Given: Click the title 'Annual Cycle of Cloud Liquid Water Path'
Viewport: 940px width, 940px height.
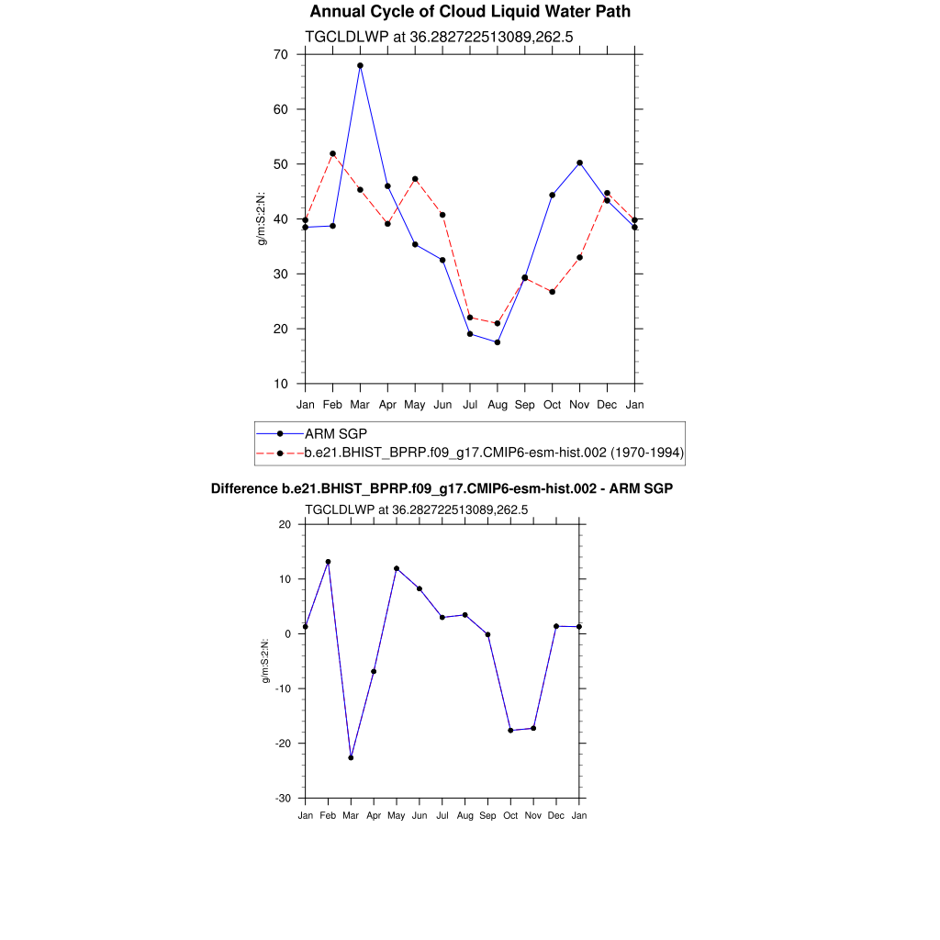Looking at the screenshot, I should pyautogui.click(x=470, y=12).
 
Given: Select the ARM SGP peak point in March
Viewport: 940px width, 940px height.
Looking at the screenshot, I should pyautogui.click(x=360, y=65).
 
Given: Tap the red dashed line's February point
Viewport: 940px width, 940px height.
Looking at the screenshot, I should pyautogui.click(x=332, y=153).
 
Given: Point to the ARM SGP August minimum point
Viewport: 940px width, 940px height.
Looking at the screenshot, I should pyautogui.click(x=498, y=342).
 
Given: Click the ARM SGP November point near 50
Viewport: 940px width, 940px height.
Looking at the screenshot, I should pyautogui.click(x=579, y=162).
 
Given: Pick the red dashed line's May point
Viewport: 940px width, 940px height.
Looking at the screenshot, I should pyautogui.click(x=415, y=179).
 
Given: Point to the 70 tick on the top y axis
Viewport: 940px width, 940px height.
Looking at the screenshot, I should pyautogui.click(x=280, y=55).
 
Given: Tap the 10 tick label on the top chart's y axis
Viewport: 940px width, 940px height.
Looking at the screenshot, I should pyautogui.click(x=280, y=384).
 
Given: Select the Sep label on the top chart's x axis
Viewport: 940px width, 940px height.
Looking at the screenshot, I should pyautogui.click(x=524, y=404).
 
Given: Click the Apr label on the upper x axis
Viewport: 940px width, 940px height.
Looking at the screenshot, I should pyautogui.click(x=387, y=404).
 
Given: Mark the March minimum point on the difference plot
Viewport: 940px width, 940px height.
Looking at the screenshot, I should pyautogui.click(x=351, y=757).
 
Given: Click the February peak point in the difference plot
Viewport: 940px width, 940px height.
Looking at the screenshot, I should pyautogui.click(x=328, y=562).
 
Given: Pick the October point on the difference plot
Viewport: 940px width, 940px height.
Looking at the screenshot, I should pyautogui.click(x=510, y=730).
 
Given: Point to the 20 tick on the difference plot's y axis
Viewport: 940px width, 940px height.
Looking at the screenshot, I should pyautogui.click(x=285, y=524).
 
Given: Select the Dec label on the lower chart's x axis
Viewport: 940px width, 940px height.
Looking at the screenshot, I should pyautogui.click(x=556, y=815).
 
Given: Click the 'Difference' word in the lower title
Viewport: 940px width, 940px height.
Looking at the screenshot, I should pyautogui.click(x=243, y=489).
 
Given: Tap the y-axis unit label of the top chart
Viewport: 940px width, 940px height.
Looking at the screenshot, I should pyautogui.click(x=262, y=219).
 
